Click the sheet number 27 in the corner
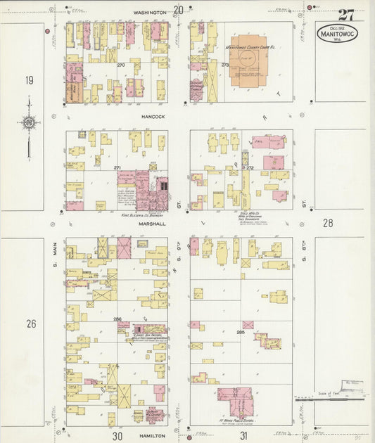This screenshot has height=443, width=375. [x=345, y=15]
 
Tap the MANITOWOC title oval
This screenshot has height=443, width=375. [x=336, y=33]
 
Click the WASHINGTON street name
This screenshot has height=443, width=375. [x=149, y=13]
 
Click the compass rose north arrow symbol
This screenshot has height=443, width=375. [x=28, y=124]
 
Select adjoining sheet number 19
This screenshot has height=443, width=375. [x=29, y=80]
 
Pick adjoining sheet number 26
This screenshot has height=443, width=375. [x=30, y=324]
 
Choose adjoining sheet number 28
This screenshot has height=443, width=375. [x=327, y=223]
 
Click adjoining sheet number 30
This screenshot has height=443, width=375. [x=117, y=436]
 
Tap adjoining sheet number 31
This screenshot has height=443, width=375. [x=243, y=436]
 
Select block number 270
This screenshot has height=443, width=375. [x=120, y=65]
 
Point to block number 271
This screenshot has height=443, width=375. [x=117, y=168]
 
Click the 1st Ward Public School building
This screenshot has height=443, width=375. [x=234, y=403]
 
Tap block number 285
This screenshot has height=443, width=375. [x=240, y=332]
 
